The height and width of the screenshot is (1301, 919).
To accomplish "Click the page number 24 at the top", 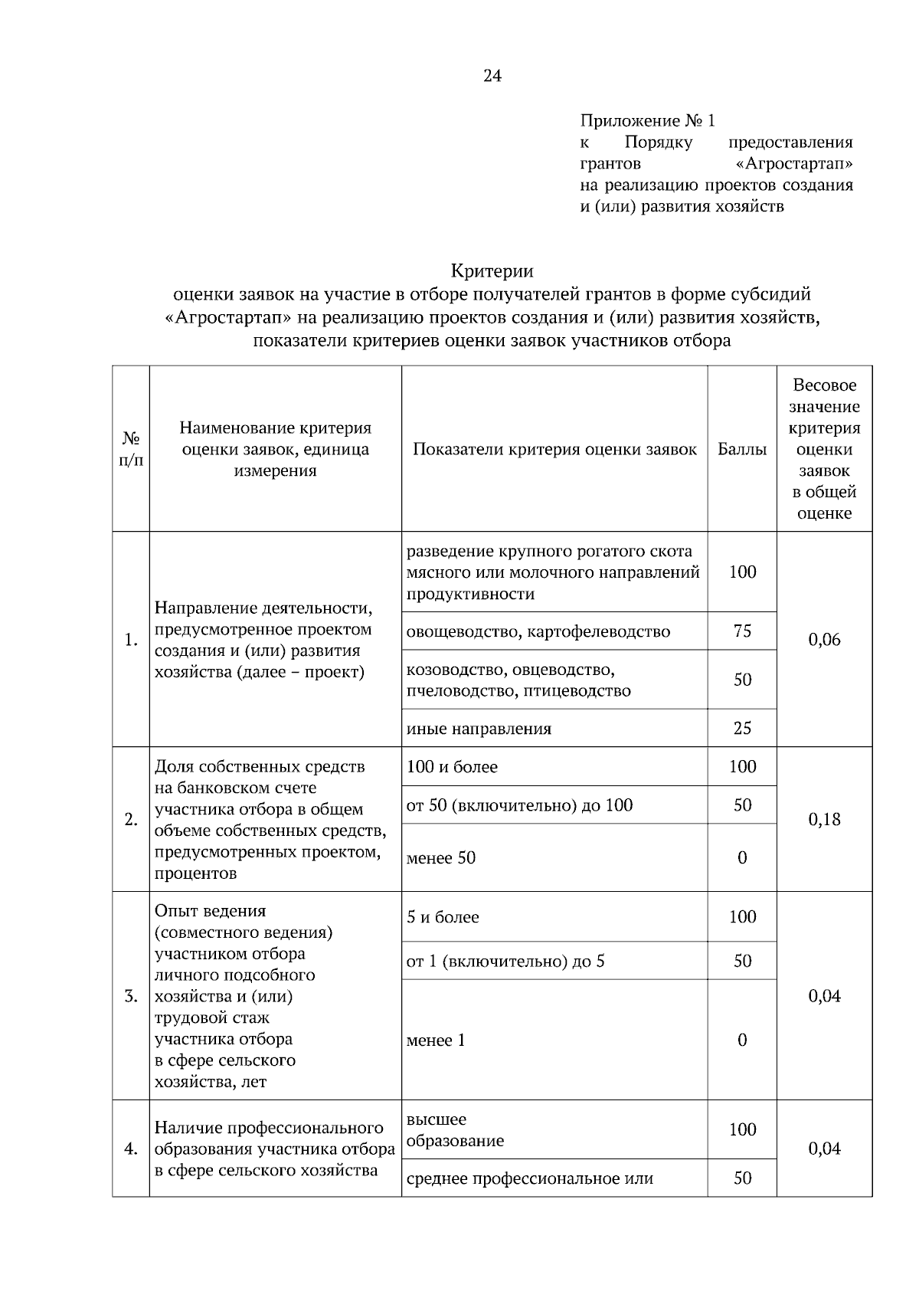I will (x=492, y=75).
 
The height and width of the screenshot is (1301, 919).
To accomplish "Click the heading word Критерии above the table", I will (x=492, y=271).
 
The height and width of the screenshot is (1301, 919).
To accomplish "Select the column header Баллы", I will (x=741, y=449).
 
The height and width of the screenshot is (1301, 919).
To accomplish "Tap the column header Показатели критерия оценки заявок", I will (x=554, y=449).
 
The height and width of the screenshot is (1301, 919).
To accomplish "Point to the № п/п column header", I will (x=131, y=449).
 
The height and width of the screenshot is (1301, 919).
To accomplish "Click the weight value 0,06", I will (x=824, y=640).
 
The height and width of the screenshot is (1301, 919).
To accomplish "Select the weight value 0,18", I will (x=824, y=819).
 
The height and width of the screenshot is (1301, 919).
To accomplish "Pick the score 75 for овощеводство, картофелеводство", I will (x=741, y=631).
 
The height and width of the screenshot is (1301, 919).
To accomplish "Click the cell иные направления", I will (x=479, y=729).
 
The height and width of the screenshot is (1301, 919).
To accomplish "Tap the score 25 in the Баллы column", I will (x=741, y=728).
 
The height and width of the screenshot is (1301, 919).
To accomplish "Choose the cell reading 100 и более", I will (x=452, y=767).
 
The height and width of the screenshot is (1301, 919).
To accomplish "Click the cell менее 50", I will (x=441, y=858).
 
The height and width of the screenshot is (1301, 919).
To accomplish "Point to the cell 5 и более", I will (x=443, y=917).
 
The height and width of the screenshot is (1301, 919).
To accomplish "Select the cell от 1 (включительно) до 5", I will (x=505, y=961).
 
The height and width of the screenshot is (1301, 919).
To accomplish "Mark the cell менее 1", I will (x=436, y=1040).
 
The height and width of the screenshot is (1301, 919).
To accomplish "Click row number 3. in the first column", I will (x=131, y=997).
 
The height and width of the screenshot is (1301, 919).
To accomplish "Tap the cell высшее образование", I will (x=455, y=1130).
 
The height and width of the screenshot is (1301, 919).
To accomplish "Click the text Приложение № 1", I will (x=647, y=121).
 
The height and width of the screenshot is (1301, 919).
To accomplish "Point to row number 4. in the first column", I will (x=131, y=1149).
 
